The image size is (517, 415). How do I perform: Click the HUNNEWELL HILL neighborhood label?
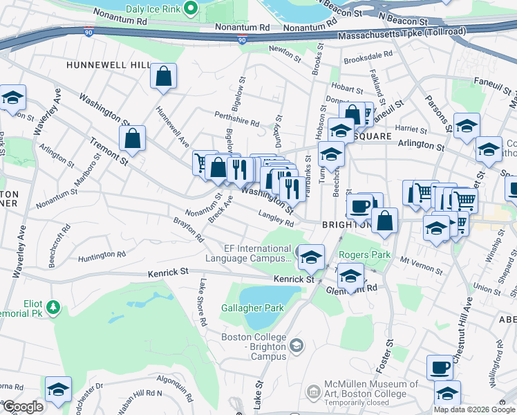pyautogui.click(x=109, y=64)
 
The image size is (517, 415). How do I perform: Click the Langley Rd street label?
pyautogui.click(x=276, y=220)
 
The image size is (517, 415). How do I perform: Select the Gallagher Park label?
pyautogui.click(x=243, y=308)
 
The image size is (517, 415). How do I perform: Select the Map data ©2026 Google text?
pyautogui.click(x=474, y=409)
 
